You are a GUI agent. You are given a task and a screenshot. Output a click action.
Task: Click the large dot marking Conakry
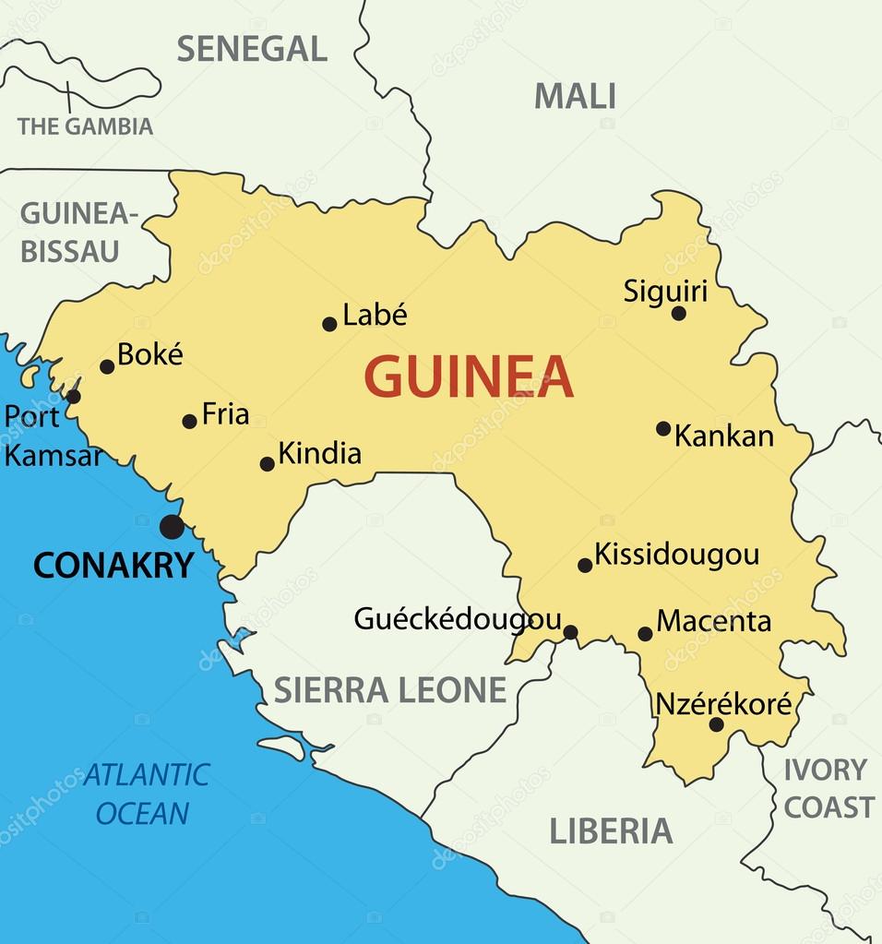point(172,527)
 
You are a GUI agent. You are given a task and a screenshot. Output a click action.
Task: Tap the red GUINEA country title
point(469,376)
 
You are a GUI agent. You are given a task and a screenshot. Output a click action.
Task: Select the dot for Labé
point(329,324)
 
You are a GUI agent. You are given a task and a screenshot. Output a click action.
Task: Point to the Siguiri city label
point(665,292)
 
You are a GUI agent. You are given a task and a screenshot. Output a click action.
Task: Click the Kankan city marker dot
point(663,428)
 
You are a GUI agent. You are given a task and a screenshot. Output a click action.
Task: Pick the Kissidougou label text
point(676,554)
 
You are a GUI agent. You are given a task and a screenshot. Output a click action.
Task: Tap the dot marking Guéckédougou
point(570,632)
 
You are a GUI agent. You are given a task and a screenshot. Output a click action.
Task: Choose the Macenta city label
point(713,621)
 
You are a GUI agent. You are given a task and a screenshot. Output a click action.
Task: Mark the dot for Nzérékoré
point(716,724)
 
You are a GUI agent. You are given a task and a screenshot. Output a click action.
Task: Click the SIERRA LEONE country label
point(390,689)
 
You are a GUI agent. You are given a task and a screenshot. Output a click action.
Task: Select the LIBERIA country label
point(611,831)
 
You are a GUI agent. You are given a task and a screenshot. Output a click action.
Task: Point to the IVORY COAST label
point(828,788)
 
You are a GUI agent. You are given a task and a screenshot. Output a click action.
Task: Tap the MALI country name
point(575,96)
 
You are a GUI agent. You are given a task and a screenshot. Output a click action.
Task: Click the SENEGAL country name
point(252,49)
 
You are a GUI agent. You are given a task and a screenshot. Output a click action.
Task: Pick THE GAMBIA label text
point(85,126)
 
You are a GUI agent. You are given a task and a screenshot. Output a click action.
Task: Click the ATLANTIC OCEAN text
point(145,794)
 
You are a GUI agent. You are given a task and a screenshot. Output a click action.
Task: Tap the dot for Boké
point(107,366)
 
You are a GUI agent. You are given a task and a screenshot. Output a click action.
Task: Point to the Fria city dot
point(189,421)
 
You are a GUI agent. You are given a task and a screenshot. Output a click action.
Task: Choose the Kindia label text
point(319,453)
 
